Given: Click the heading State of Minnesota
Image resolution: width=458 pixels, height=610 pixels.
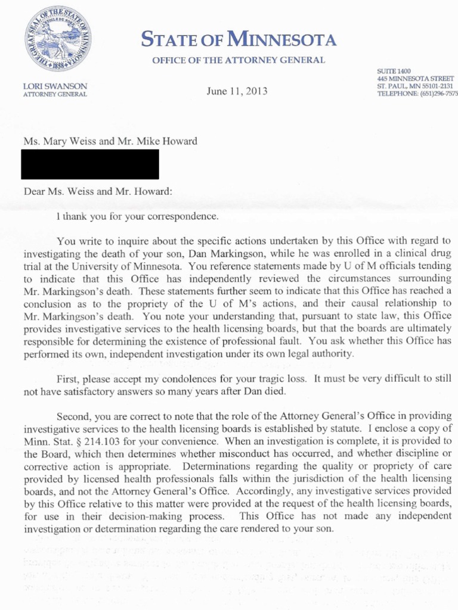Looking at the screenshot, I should point(239,41).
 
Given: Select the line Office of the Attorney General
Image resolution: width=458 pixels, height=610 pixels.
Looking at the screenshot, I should point(239,60).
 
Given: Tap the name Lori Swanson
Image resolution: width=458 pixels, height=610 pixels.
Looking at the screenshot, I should point(55,86).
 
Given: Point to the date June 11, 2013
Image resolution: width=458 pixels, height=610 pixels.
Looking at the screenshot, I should point(237,91).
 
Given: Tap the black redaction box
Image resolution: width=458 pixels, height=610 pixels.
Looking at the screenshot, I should point(90,164).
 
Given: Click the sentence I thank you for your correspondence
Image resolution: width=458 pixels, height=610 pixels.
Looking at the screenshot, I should point(137,216).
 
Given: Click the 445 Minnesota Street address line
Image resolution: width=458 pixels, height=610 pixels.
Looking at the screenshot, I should point(416,79).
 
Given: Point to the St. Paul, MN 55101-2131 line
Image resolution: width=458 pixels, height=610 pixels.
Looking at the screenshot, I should point(415,86).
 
